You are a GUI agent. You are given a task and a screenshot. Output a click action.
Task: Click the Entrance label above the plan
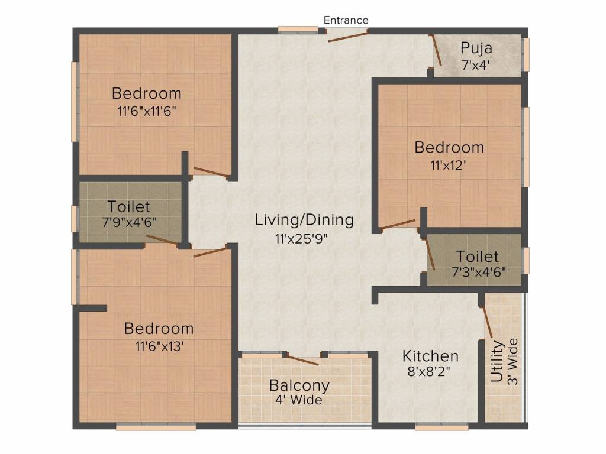pos(346,20)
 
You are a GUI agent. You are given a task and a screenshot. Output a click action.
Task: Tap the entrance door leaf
pos(347,37)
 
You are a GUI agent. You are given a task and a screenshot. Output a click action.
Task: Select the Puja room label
pos(476,49)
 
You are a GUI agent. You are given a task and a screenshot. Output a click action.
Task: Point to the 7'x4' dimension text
pos(476,64)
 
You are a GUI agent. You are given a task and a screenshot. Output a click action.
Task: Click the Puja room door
pos(436,50)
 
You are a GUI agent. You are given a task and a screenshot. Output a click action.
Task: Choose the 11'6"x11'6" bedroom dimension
pos(147,111)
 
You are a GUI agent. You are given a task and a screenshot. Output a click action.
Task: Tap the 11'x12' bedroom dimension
pos(448,166)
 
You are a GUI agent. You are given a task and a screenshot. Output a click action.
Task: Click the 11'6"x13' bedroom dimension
pos(159,346)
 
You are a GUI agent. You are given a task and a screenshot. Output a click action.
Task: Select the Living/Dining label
pos(304,220)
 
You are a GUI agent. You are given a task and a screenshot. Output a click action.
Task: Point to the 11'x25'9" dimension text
pos(301,239)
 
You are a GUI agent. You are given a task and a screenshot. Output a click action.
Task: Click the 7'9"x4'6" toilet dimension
pos(129,222)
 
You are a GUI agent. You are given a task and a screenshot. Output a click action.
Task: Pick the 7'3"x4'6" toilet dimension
pos(479,272)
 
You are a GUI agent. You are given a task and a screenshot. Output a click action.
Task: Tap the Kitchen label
pos(431,356)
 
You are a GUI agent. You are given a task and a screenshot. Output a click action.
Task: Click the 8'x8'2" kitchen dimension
pos(428,371)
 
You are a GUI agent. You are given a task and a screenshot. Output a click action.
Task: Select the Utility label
pos(497,361)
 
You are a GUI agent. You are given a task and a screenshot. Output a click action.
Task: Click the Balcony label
pos(299,385)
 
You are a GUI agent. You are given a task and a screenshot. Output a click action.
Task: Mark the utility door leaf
pos(486,322)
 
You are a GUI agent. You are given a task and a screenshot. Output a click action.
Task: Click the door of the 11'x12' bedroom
pos(399,224)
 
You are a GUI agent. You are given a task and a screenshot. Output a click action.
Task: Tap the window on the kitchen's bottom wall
pos(436,427)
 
